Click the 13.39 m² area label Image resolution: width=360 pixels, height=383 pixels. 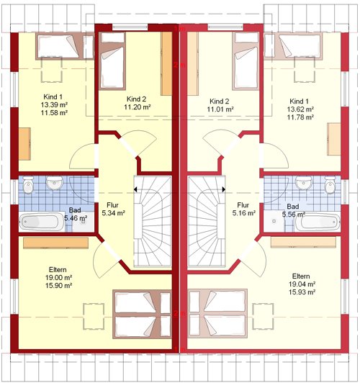[x=54, y=105]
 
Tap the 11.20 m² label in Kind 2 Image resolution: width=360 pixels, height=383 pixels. [x=137, y=107]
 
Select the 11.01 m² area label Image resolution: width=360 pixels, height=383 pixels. [x=220, y=109]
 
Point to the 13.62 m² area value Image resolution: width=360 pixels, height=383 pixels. [x=300, y=109]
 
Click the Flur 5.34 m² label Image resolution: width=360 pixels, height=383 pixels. [x=113, y=209]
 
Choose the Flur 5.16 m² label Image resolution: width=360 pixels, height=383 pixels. [x=244, y=209]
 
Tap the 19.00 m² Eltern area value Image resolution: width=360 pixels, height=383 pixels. [x=58, y=277]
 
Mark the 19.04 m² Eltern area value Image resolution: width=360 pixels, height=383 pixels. [x=302, y=284]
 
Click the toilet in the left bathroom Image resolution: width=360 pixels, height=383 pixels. [x=28, y=185]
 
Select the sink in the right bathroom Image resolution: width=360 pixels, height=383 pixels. [x=304, y=183]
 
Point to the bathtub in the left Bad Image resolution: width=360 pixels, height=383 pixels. [x=42, y=222]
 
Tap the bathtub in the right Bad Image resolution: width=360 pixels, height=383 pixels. [x=318, y=222]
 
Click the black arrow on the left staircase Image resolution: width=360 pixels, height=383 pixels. [x=135, y=189]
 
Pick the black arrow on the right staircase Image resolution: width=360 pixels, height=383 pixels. [x=224, y=189]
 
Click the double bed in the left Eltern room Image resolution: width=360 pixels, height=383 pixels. [x=142, y=314]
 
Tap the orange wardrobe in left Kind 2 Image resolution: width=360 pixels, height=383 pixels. [x=166, y=64]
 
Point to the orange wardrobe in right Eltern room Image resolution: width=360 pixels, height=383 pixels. [x=303, y=243]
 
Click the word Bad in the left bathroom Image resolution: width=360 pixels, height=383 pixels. [x=75, y=210]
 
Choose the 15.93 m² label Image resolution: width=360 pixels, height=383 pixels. [x=302, y=292]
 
